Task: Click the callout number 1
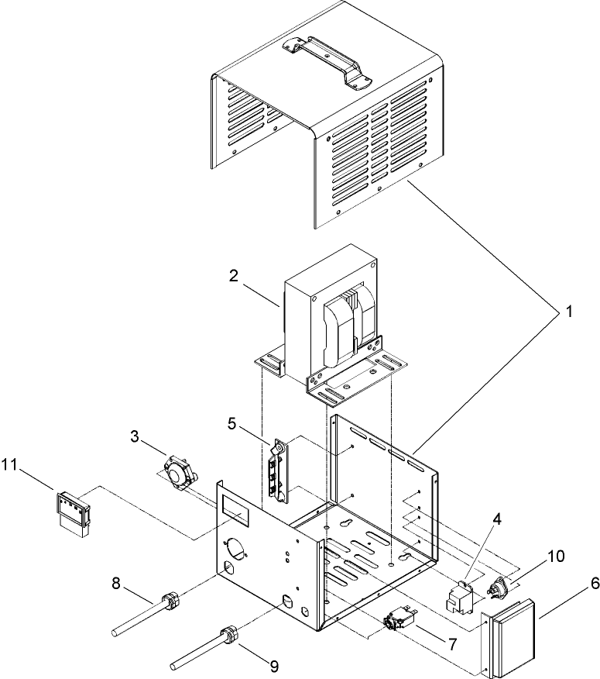coord(569,311)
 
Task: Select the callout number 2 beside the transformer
coord(234,275)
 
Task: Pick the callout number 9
coord(274,666)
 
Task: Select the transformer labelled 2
coord(330,325)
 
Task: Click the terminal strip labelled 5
coord(278,471)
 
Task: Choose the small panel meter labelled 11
coord(74,514)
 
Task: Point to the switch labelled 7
coord(399,617)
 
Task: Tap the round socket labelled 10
coord(495,589)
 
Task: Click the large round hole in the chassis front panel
coord(235,548)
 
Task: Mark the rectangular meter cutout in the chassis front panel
coord(236,511)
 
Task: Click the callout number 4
coord(498,519)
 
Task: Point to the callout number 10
coord(557,556)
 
